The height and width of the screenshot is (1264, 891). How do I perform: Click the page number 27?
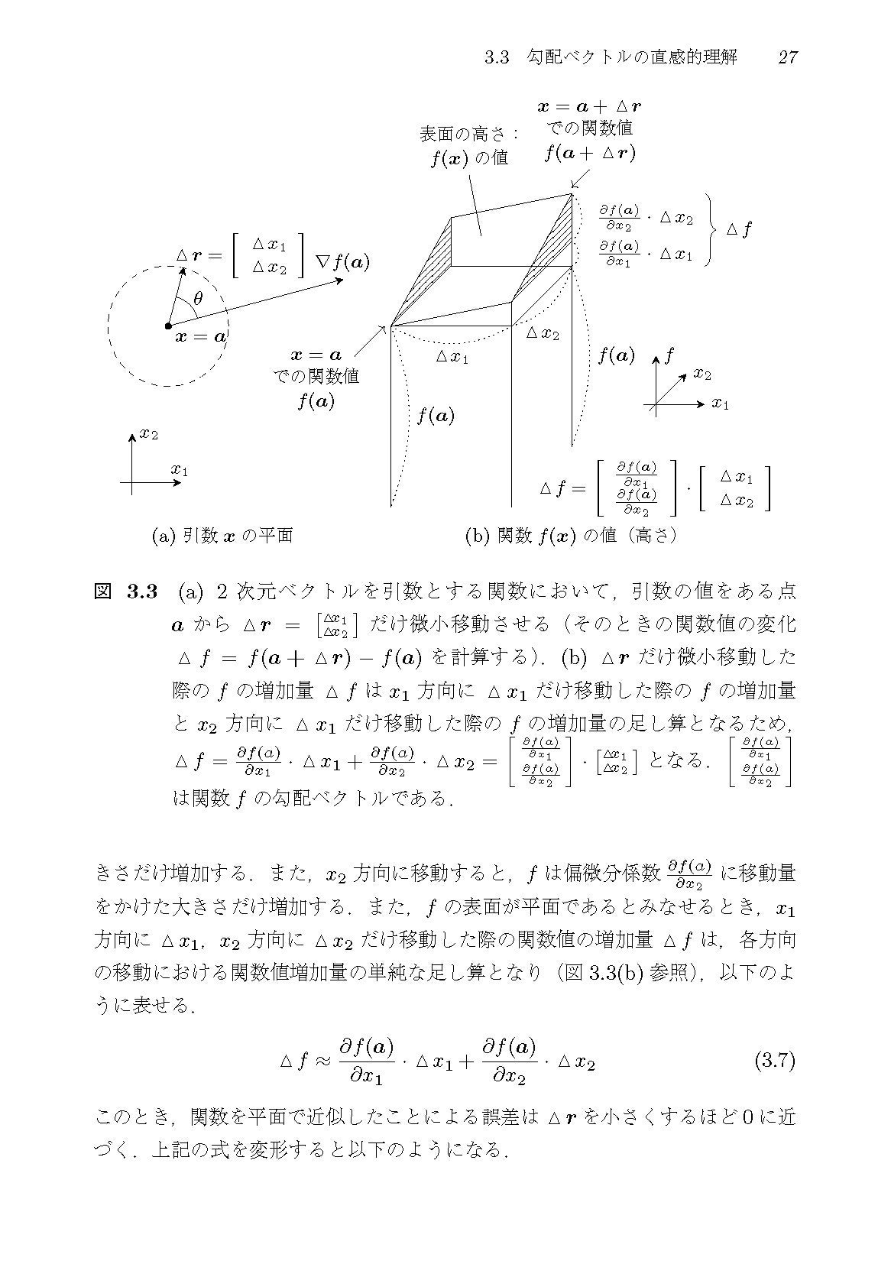(x=788, y=58)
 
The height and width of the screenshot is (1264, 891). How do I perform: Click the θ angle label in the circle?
(x=198, y=299)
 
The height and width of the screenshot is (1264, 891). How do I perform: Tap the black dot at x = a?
(x=168, y=326)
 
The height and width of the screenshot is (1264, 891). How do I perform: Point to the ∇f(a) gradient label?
(x=342, y=264)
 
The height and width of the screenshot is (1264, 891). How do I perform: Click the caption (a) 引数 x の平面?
(x=222, y=536)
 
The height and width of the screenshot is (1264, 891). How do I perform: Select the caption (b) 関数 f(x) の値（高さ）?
(x=572, y=536)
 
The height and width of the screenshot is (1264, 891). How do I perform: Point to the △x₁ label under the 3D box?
(x=452, y=356)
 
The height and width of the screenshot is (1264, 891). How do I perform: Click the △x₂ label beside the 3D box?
(x=543, y=333)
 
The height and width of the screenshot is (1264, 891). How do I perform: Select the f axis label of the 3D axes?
(x=669, y=355)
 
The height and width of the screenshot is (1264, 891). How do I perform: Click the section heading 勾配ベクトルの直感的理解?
(x=633, y=58)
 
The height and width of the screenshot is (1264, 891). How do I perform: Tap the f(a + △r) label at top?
(x=590, y=153)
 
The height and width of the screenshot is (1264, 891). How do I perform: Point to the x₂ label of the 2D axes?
(x=148, y=435)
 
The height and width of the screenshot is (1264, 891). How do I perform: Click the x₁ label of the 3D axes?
(x=720, y=404)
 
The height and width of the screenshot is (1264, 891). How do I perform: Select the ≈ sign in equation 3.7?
(x=322, y=1061)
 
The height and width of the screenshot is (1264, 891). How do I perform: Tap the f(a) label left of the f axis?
(x=616, y=355)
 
